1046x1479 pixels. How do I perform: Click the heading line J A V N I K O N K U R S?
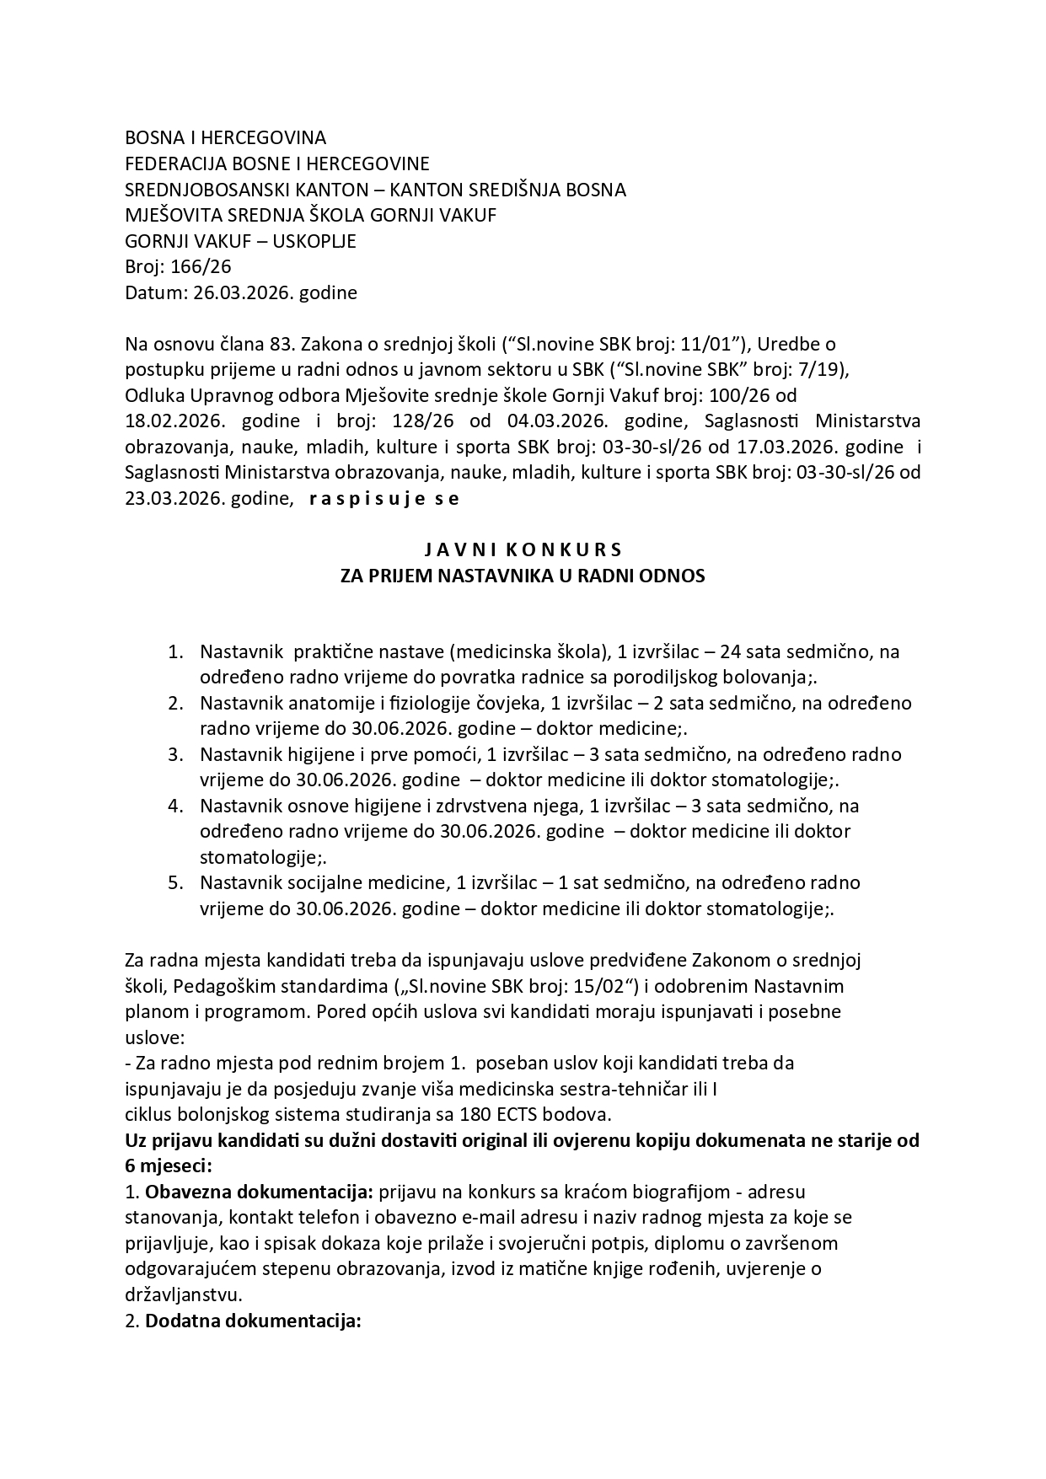pyautogui.click(x=522, y=549)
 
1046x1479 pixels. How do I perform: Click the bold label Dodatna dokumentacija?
pyautogui.click(x=253, y=1321)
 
